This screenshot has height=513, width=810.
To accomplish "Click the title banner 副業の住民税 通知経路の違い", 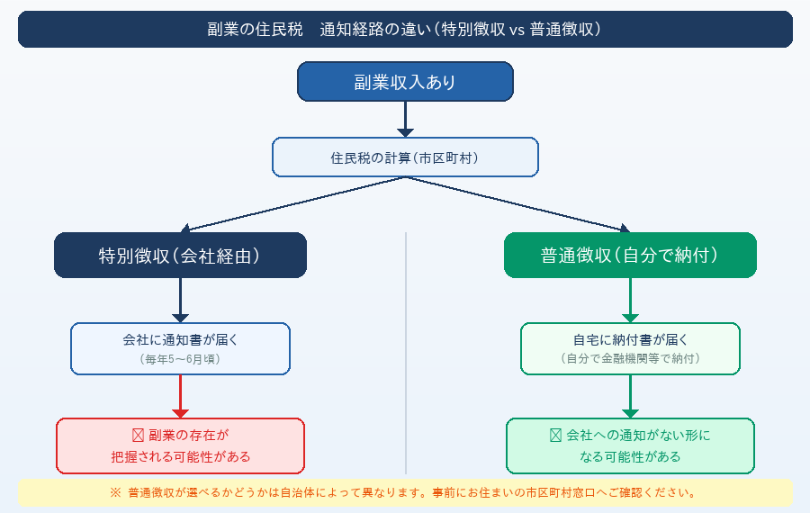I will [405, 29].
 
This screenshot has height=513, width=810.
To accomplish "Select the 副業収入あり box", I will [405, 82].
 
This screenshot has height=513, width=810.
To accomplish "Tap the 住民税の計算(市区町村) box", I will [405, 157].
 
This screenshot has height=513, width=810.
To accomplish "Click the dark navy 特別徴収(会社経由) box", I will [180, 256].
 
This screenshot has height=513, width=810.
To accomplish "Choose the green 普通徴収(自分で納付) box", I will [630, 256].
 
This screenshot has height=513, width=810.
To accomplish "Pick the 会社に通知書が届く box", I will [180, 348].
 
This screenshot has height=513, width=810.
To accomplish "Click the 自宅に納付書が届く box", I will [630, 348].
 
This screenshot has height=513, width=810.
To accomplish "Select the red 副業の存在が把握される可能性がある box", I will [180, 445].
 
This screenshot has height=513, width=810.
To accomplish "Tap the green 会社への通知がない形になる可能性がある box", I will [630, 445].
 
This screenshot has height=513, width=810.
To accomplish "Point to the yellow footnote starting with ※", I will [405, 492].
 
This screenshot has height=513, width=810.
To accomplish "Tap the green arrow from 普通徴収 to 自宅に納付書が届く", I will [630, 300].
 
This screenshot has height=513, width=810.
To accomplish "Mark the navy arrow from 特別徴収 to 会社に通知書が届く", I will [180, 300].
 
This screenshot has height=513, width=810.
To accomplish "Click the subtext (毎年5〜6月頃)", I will [180, 359].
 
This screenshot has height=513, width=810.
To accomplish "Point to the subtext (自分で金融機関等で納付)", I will [630, 359].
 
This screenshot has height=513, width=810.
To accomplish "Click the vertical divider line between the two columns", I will [406, 351].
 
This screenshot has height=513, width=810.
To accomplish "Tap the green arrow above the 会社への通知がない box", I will [630, 396].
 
